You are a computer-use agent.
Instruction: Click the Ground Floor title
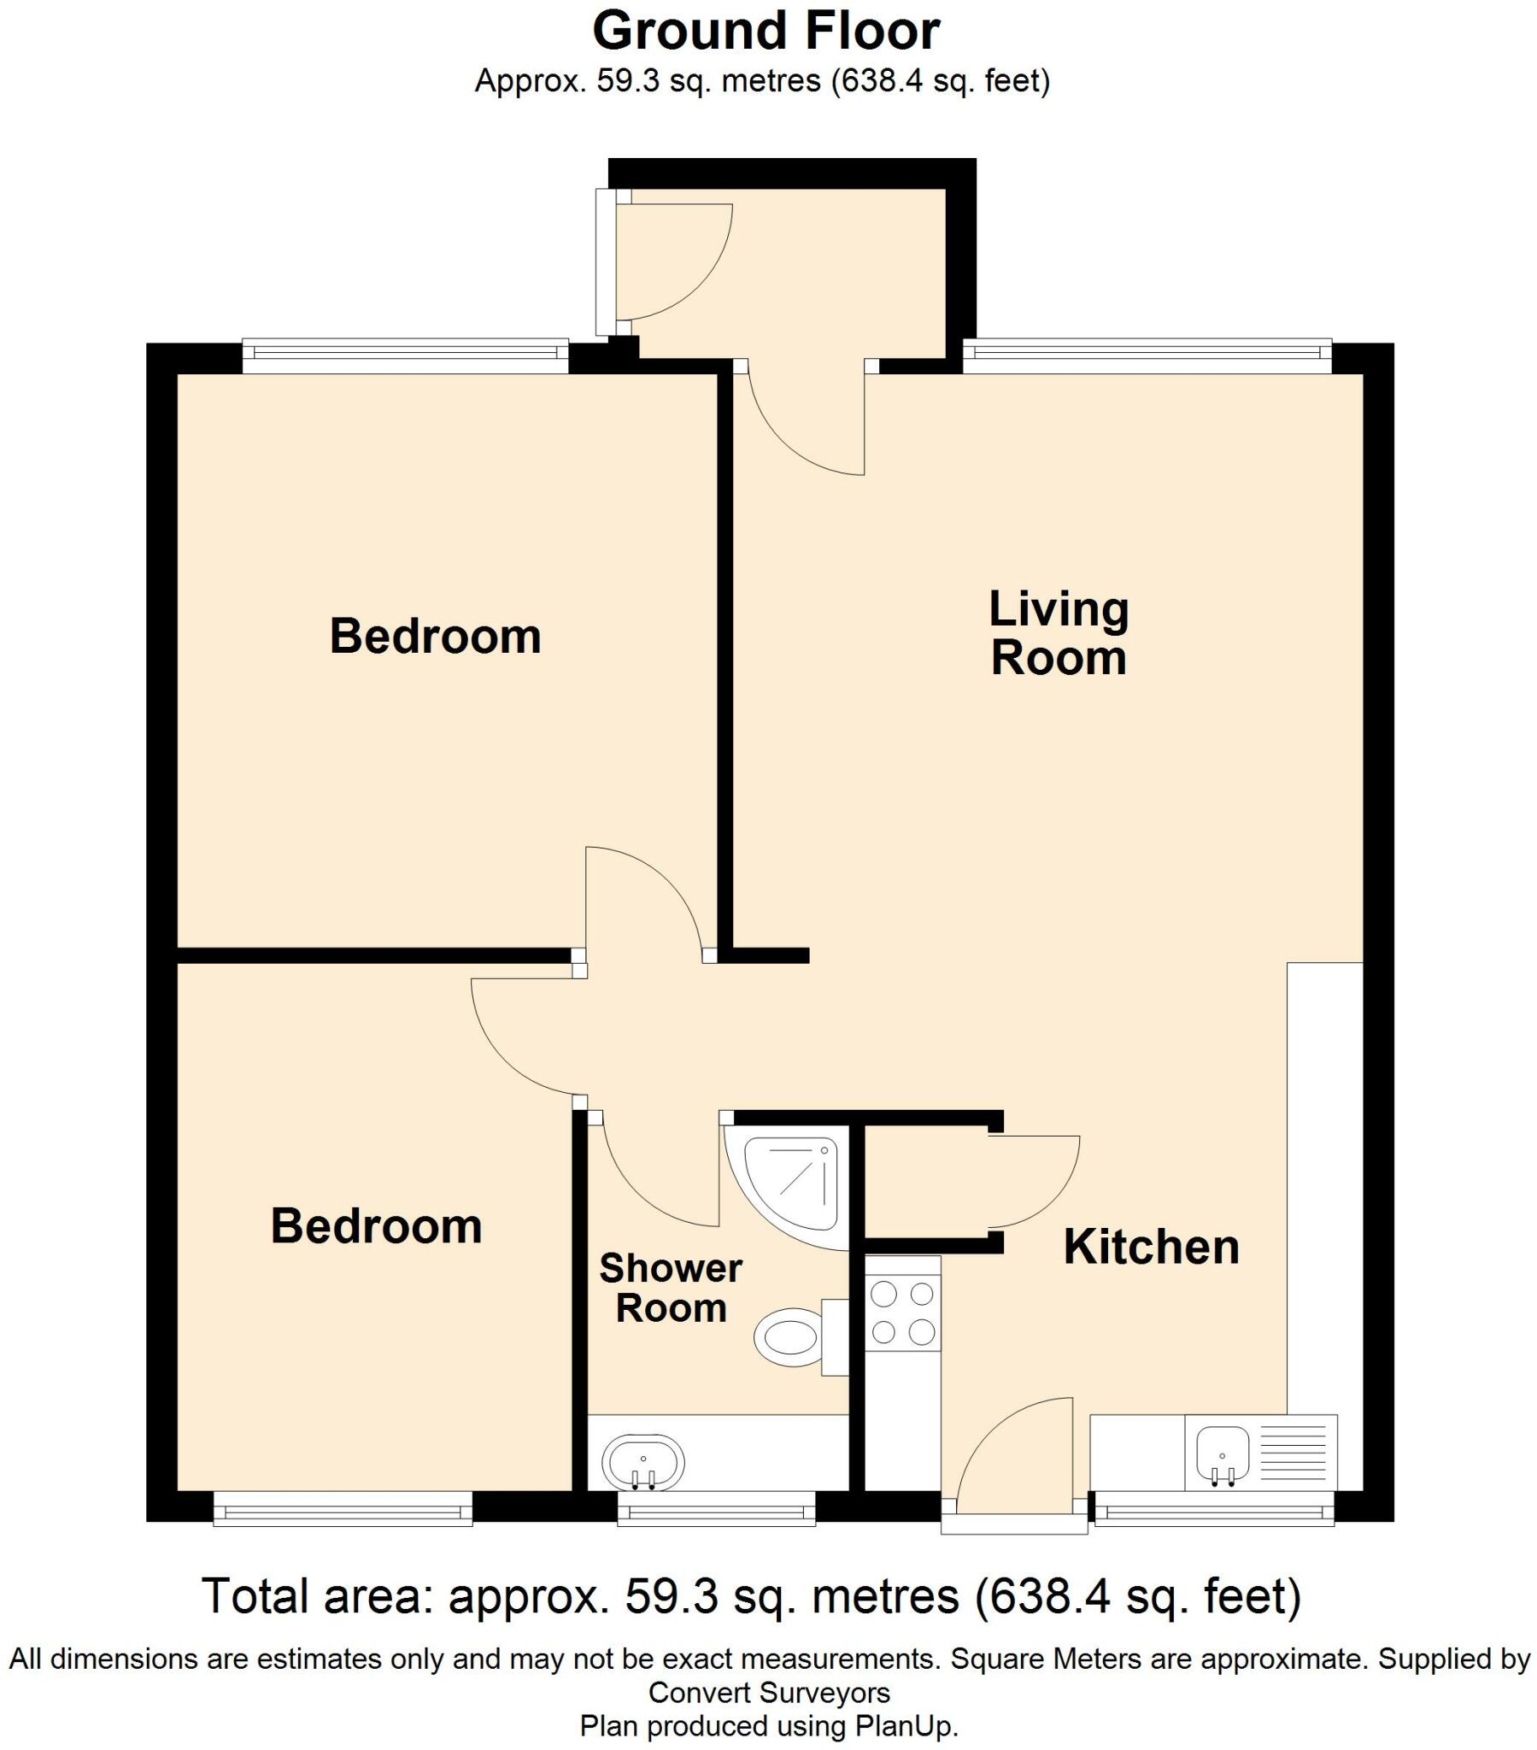point(766,31)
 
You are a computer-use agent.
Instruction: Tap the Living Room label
point(1059,633)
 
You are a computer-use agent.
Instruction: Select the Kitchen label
point(1152,1247)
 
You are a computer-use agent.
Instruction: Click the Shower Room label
point(671,1288)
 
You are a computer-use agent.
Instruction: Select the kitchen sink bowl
point(1223,1454)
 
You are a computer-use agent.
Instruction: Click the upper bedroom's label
point(435,636)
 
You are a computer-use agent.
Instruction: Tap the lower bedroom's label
point(377,1227)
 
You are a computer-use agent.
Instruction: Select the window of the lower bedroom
point(343,1508)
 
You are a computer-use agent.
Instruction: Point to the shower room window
point(717,1508)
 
